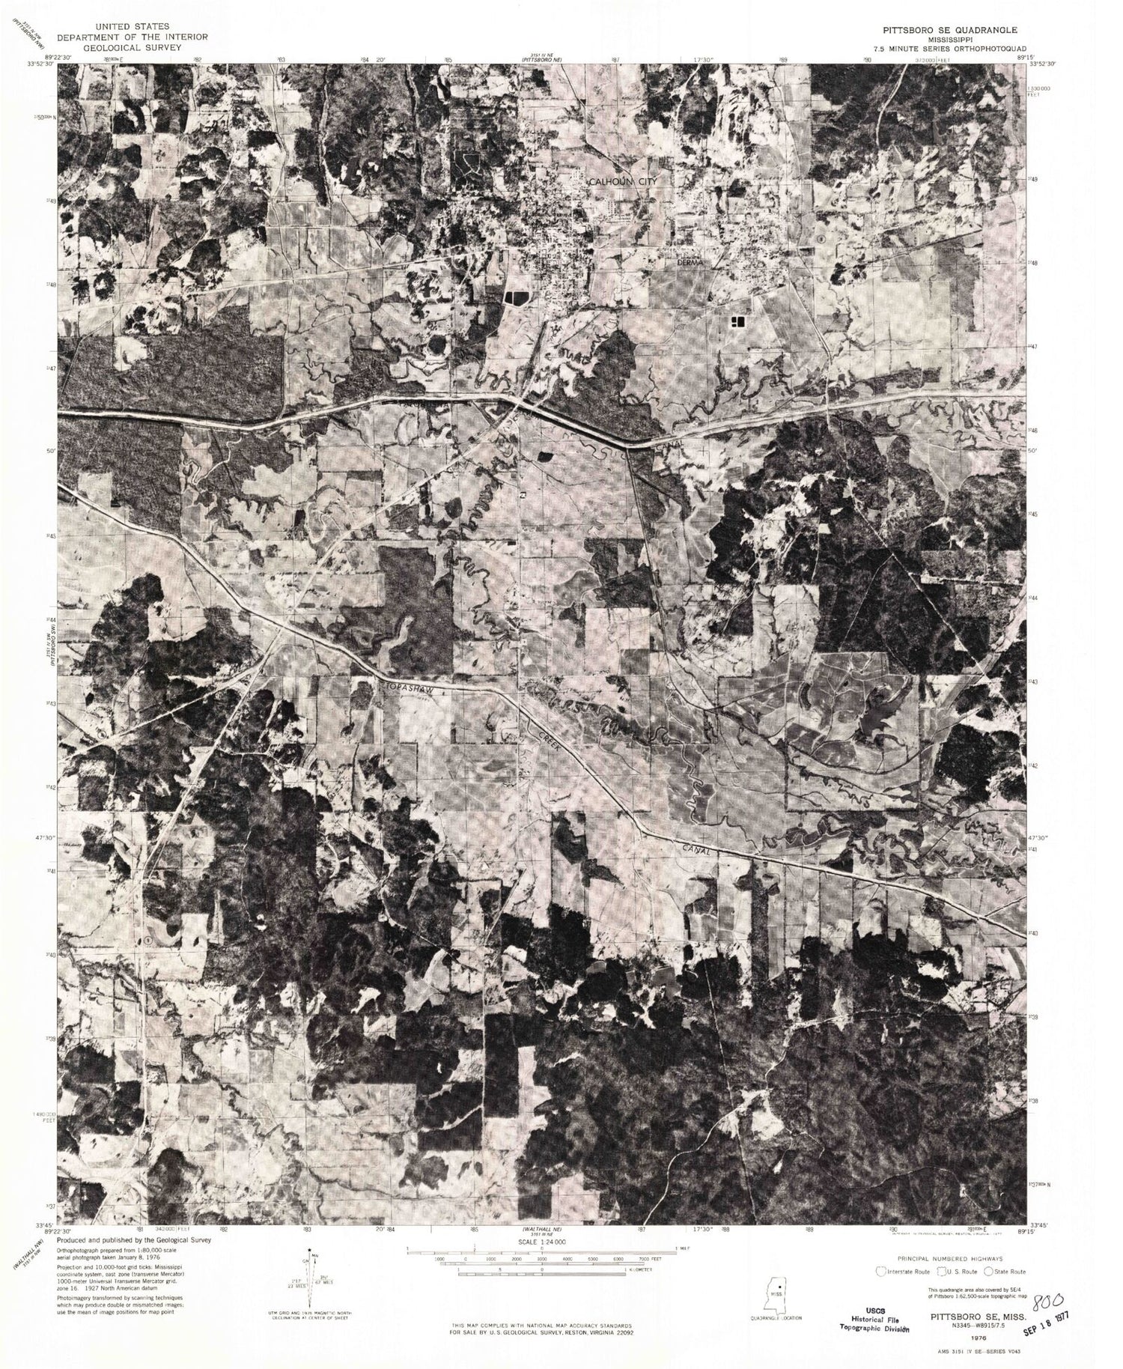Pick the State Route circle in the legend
click(990, 1272)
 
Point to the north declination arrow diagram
click(309, 1283)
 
